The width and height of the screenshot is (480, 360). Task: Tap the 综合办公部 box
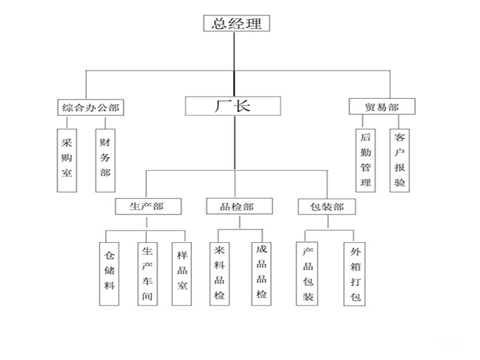click(90, 108)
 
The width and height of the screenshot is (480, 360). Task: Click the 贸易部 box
click(382, 107)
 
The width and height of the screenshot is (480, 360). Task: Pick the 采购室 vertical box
click(66, 160)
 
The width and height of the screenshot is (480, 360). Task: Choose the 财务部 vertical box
click(105, 160)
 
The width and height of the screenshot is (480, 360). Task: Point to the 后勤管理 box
click(365, 160)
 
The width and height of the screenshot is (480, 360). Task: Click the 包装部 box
click(327, 208)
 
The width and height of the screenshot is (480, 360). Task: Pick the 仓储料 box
click(109, 273)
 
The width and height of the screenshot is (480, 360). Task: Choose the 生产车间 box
click(147, 273)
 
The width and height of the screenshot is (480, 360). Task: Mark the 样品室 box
click(182, 273)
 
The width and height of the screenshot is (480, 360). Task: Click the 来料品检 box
click(220, 272)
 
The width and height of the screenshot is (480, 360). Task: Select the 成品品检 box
click(261, 272)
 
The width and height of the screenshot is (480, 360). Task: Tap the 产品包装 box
click(308, 273)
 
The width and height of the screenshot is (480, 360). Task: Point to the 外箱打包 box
click(354, 273)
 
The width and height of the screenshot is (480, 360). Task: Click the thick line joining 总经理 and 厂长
click(234, 64)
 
